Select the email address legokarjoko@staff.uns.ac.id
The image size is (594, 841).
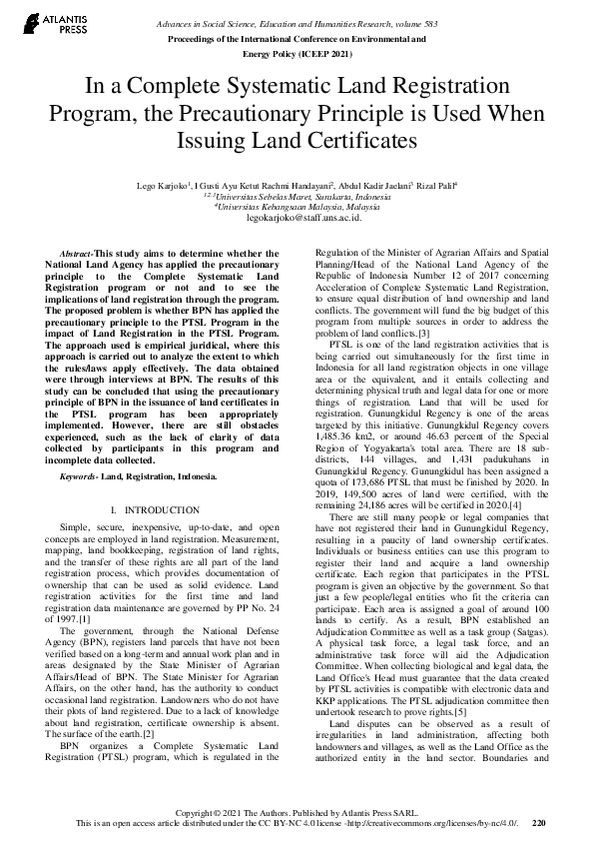click(297, 216)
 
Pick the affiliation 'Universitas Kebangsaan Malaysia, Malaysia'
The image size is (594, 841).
click(297, 206)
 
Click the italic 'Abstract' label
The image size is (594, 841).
click(76, 255)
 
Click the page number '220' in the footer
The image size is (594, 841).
click(539, 823)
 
